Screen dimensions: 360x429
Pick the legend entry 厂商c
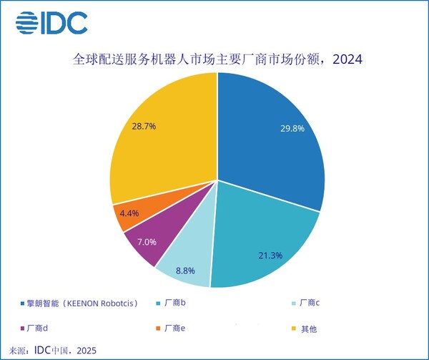pos(308,303)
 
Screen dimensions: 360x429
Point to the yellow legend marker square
pos(293,329)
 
